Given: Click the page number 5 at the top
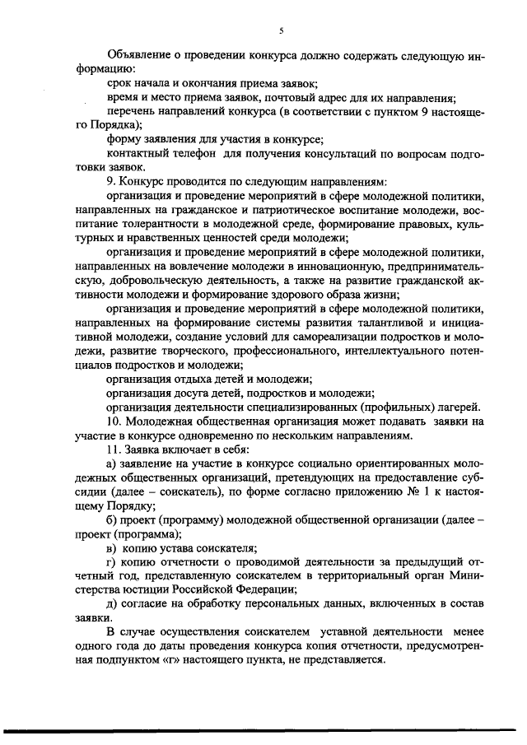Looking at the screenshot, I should [281, 30].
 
